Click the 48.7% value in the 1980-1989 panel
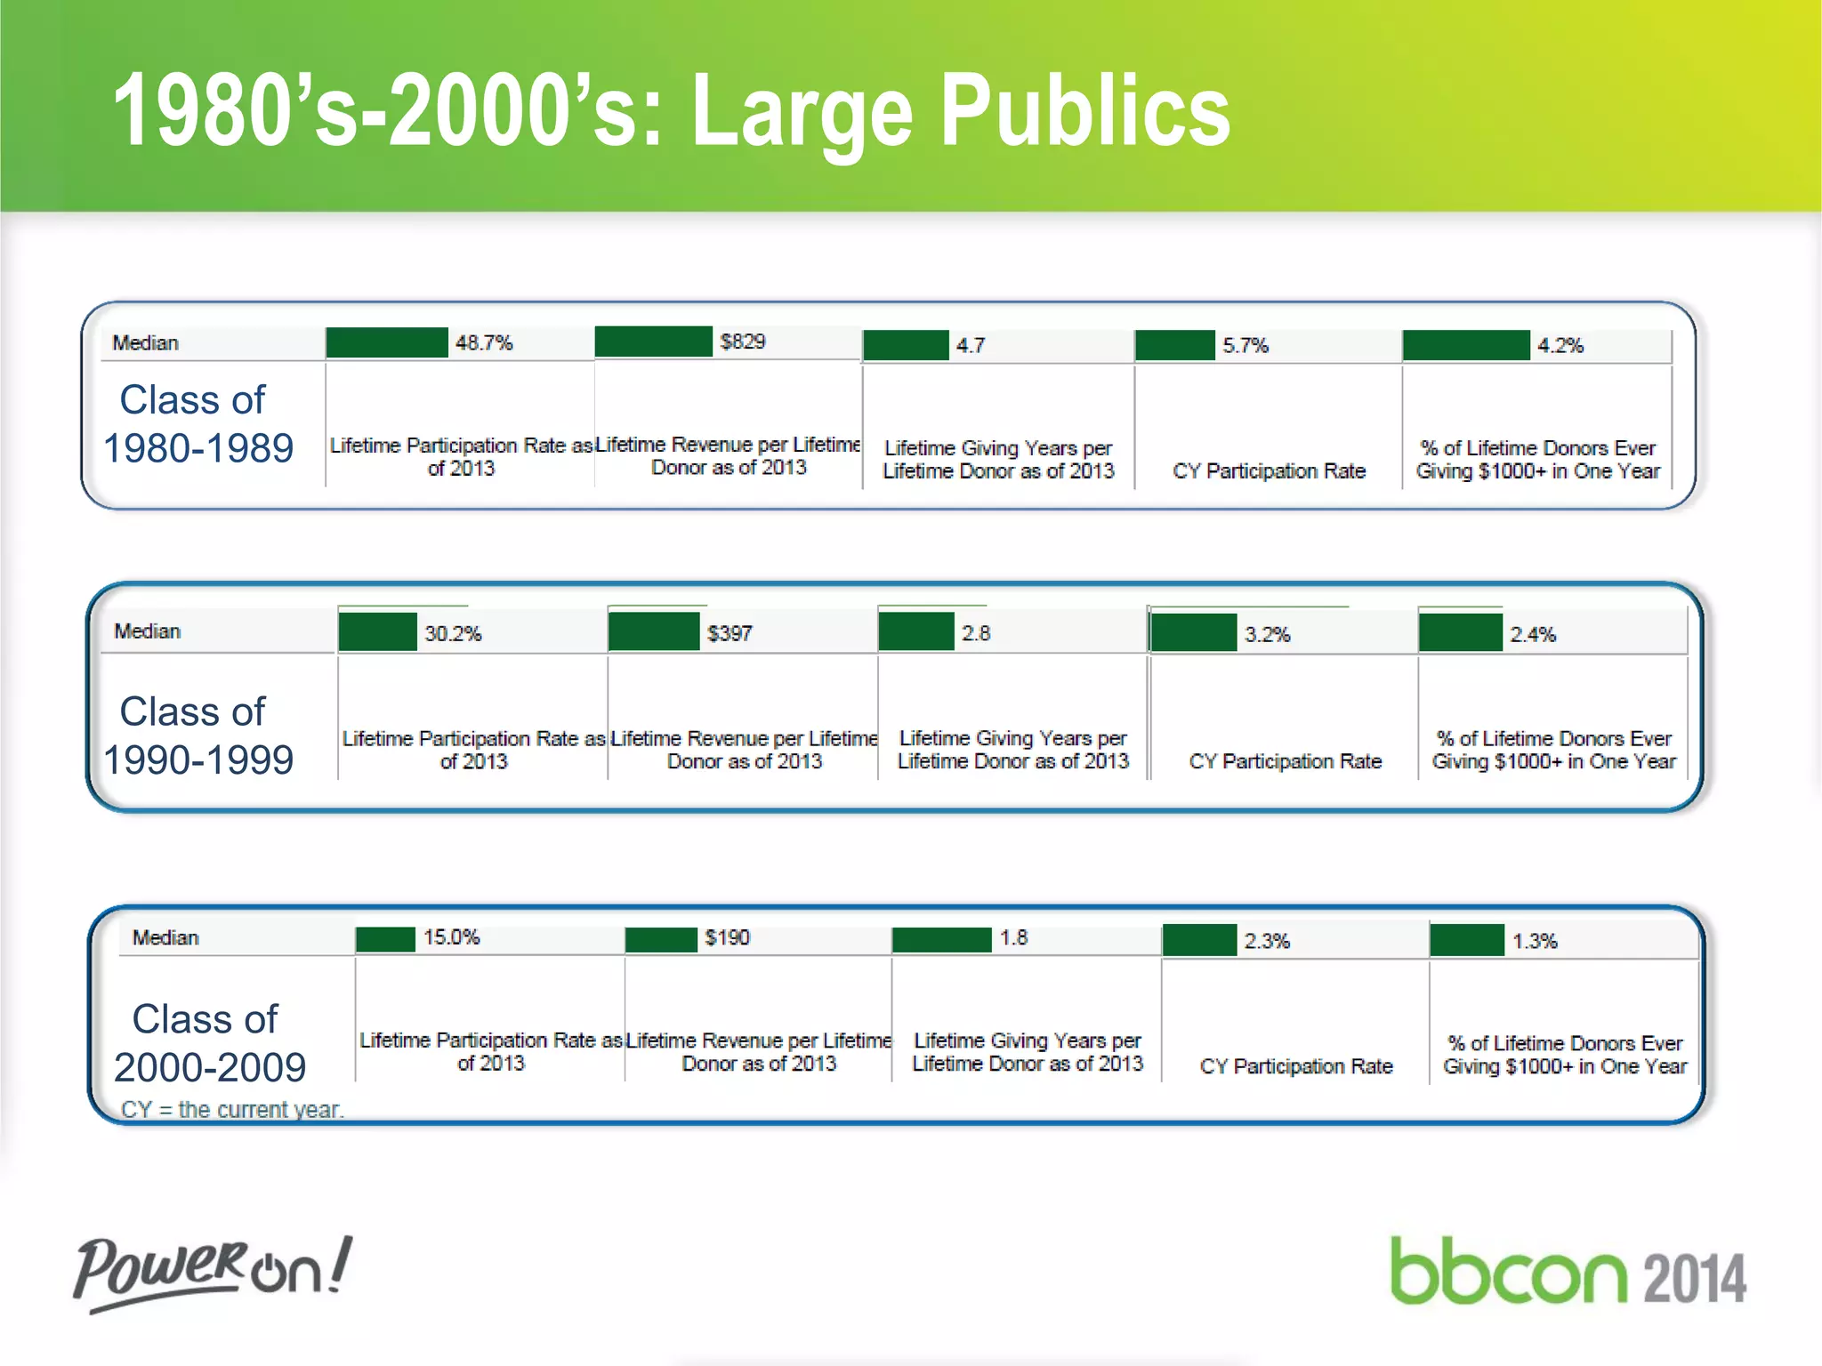pyautogui.click(x=484, y=342)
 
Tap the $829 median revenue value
pyautogui.click(x=742, y=341)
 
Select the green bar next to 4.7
pyautogui.click(x=906, y=345)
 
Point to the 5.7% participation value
pyautogui.click(x=1245, y=345)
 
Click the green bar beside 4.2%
pyautogui.click(x=1466, y=345)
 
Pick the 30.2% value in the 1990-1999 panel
pyautogui.click(x=453, y=633)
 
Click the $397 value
pyautogui.click(x=730, y=633)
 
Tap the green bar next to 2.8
pyautogui.click(x=915, y=632)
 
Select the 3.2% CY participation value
pyautogui.click(x=1267, y=634)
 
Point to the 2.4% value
pyautogui.click(x=1532, y=634)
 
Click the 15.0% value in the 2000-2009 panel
pyautogui.click(x=451, y=937)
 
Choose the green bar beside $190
pyautogui.click(x=661, y=939)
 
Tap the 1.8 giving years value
pyautogui.click(x=1013, y=938)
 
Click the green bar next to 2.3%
pyautogui.click(x=1199, y=940)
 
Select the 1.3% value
pyautogui.click(x=1535, y=941)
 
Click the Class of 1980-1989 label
pyautogui.click(x=198, y=424)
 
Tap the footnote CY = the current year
pyautogui.click(x=232, y=1109)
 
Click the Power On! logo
pyautogui.click(x=213, y=1272)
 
